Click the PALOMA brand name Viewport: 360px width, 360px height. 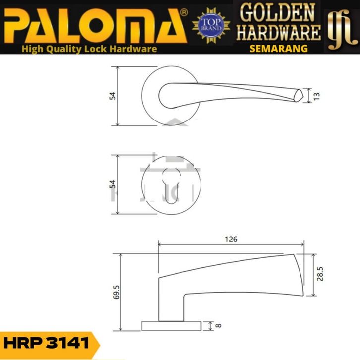(x=95, y=26)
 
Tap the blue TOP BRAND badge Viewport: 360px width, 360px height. (x=211, y=25)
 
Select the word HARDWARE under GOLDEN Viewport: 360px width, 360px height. (x=278, y=32)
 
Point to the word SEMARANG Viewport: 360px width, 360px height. (x=279, y=49)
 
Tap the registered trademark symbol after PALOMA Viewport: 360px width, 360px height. (x=184, y=12)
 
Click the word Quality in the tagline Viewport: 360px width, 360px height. (x=63, y=49)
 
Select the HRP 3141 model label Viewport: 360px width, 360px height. (x=46, y=343)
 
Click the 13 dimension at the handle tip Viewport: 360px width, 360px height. (x=316, y=96)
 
